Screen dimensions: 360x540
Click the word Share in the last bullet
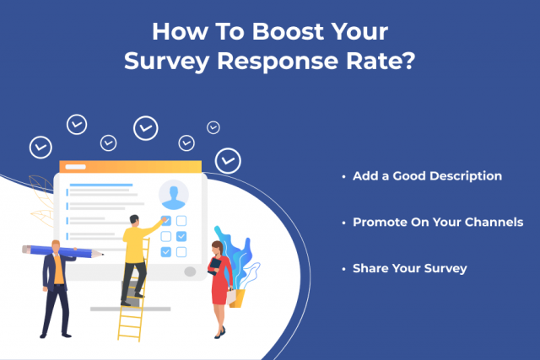point(370,268)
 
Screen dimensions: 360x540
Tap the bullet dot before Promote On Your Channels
point(343,223)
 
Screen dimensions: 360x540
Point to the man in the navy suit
point(56,287)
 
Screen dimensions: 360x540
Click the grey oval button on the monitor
point(191,272)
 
